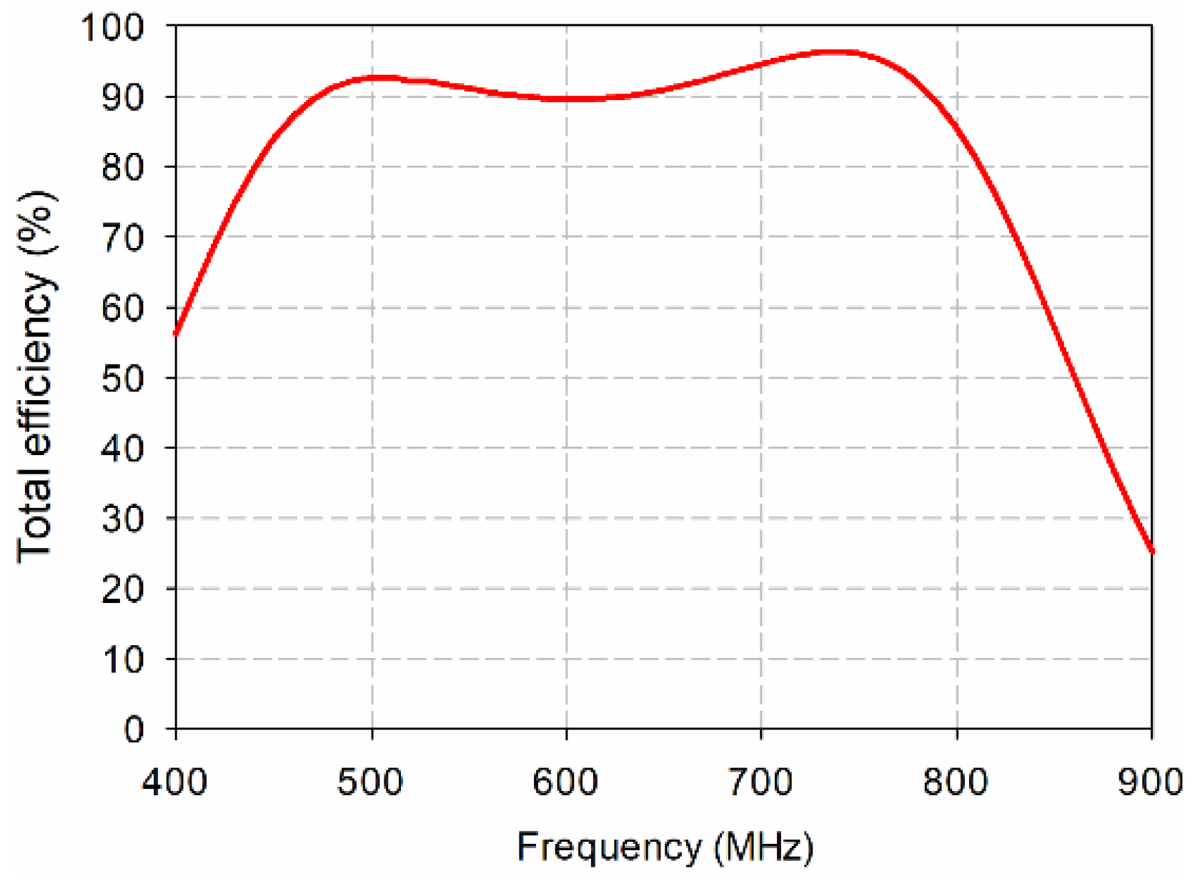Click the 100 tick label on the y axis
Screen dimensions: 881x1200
[114, 28]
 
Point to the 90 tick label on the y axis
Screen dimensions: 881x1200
[123, 98]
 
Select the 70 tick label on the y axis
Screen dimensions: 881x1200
[123, 238]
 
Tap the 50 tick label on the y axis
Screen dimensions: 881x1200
[123, 379]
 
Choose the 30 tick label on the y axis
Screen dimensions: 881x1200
[123, 519]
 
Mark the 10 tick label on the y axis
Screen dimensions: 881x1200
[123, 659]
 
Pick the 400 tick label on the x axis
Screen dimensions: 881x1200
[175, 782]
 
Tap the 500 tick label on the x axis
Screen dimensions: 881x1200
[370, 782]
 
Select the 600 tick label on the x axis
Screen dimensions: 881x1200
[565, 782]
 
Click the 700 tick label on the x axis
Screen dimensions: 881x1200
[760, 782]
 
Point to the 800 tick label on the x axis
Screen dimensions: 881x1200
[956, 782]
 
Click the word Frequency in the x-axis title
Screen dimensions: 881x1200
[609, 848]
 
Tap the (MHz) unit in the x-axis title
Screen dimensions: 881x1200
[763, 848]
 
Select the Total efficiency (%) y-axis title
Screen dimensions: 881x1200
[36, 377]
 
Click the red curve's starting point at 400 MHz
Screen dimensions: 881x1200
[177, 333]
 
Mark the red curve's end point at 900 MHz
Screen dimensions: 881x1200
[1151, 551]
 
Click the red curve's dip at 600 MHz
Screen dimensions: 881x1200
[567, 99]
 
